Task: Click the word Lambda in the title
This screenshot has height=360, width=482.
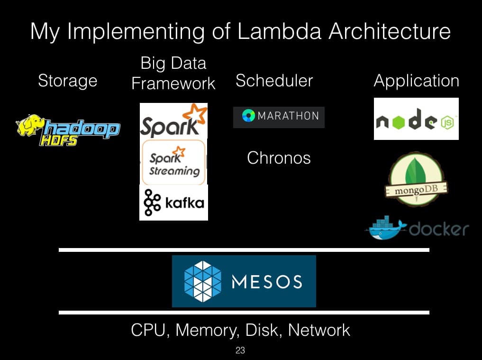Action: click(x=279, y=31)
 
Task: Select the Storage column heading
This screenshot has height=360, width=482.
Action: click(x=68, y=81)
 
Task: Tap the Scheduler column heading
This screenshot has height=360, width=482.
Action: click(x=274, y=81)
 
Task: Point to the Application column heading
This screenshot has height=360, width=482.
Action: click(x=417, y=81)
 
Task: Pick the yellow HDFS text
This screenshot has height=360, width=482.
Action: click(x=58, y=140)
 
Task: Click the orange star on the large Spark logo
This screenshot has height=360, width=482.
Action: click(x=195, y=113)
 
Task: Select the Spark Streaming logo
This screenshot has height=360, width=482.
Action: click(x=173, y=162)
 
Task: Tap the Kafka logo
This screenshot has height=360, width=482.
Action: click(x=173, y=203)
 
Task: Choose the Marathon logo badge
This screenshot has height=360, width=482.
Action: click(x=279, y=117)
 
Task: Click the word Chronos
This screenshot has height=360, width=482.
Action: click(x=279, y=158)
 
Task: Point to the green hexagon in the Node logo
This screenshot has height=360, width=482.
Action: click(x=399, y=123)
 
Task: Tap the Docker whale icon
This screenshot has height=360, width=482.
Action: click(x=386, y=228)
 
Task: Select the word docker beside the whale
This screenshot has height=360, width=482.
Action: click(x=439, y=229)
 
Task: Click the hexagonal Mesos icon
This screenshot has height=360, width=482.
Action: click(x=202, y=281)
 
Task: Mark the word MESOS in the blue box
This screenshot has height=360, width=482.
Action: click(x=267, y=282)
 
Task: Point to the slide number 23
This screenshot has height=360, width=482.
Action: click(x=240, y=350)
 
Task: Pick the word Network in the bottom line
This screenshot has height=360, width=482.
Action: click(x=319, y=330)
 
